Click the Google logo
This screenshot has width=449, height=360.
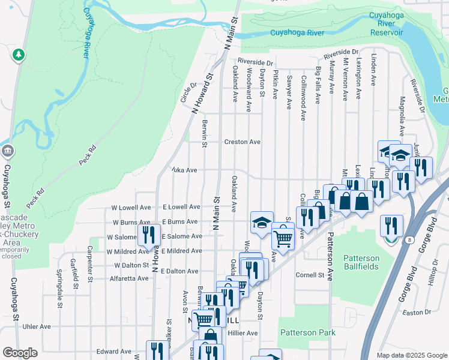point(20,353)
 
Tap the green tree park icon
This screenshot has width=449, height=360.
point(19,56)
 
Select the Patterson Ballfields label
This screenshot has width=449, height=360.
point(361,262)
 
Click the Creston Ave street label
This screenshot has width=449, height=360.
point(242,142)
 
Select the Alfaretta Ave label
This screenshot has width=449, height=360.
point(128,278)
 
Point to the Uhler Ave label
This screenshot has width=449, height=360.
point(37,326)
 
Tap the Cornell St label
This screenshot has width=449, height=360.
point(310,275)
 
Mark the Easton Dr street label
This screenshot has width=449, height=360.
point(417,313)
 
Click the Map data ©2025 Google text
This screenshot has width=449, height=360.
point(412,355)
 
